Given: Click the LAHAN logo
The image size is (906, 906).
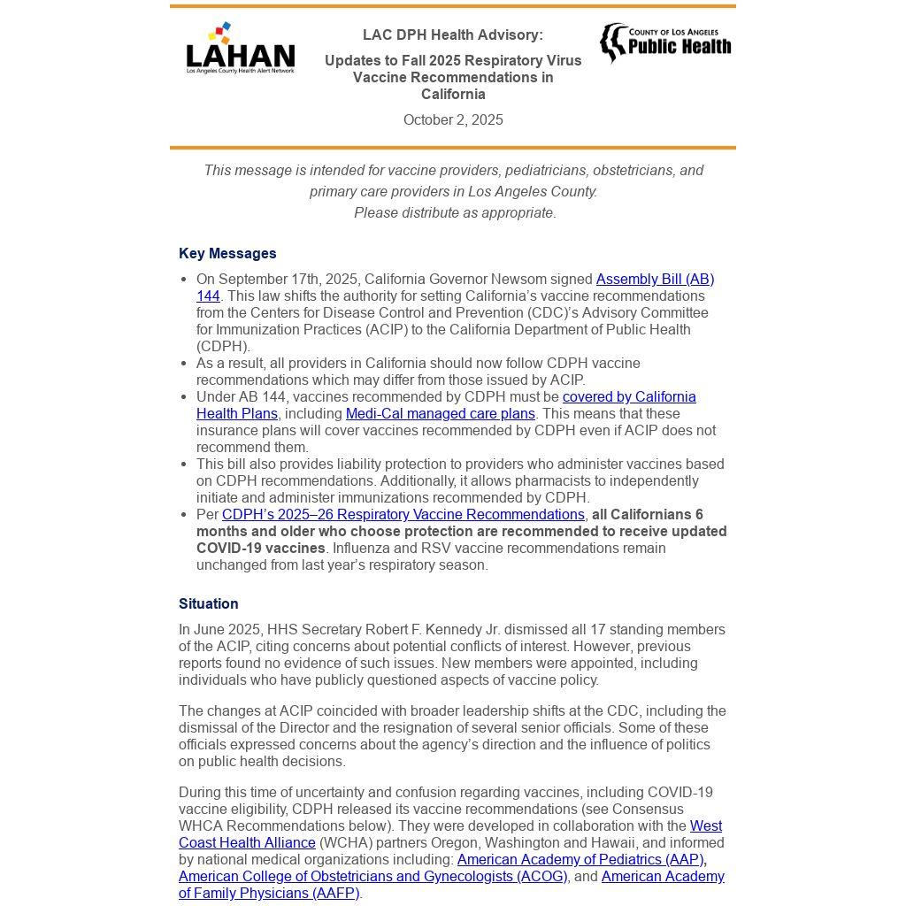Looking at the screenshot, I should point(240,50).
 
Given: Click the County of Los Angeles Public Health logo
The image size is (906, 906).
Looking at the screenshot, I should point(665,42).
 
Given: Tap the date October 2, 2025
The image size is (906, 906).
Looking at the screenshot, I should point(453,120).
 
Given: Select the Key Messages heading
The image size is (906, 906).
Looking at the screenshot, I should point(227,254).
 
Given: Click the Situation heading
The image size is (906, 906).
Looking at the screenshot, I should point(209,604).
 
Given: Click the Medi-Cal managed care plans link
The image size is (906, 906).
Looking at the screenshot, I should point(440,414).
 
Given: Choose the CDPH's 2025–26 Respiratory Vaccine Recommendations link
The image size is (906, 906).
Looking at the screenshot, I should point(403,515).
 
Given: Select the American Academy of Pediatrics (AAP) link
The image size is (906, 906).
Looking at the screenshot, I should point(580,860).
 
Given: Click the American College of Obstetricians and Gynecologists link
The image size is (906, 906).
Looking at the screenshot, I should point(372,877).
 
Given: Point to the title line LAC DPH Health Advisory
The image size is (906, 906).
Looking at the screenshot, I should point(453,35).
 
